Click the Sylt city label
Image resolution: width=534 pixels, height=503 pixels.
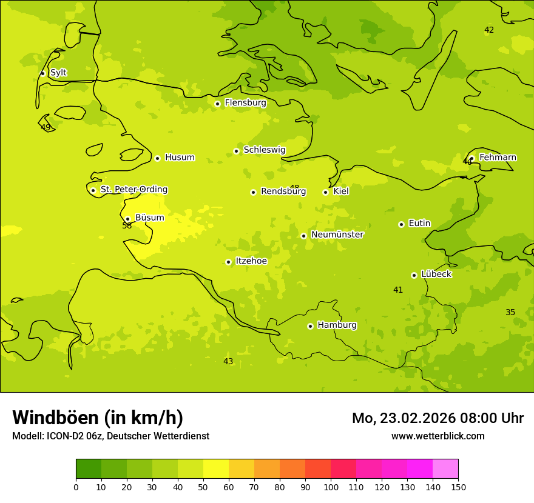pos(58,73)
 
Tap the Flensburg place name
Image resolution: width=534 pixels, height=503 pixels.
pos(245,103)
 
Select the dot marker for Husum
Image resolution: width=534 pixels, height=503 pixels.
pos(157,158)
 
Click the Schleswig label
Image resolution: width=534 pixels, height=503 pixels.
pos(264,150)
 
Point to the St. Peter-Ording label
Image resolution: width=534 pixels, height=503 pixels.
pos(133,190)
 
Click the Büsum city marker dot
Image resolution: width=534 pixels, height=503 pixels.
pos(127,219)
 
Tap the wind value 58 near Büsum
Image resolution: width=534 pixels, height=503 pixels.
pos(127,226)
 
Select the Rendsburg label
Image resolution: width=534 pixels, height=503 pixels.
pos(283,192)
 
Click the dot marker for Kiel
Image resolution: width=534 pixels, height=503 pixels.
pos(325,192)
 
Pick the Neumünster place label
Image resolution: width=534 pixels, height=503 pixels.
pos(337,235)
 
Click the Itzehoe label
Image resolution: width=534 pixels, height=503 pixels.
pos(251,261)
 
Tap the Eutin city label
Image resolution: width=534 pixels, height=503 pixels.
pos(419,224)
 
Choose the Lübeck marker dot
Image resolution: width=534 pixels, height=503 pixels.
pos(414,275)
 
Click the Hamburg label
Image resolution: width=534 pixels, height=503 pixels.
pos(337,325)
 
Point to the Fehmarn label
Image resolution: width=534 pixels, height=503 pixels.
pos(498,158)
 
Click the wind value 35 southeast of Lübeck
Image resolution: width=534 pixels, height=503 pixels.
pos(510,313)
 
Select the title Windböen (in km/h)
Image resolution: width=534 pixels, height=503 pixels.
pos(98,418)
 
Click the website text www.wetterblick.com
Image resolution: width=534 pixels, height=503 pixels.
pos(438,436)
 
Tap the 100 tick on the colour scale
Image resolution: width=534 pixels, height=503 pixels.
pos(331,487)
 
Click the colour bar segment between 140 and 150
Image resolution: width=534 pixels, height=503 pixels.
pos(445,469)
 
